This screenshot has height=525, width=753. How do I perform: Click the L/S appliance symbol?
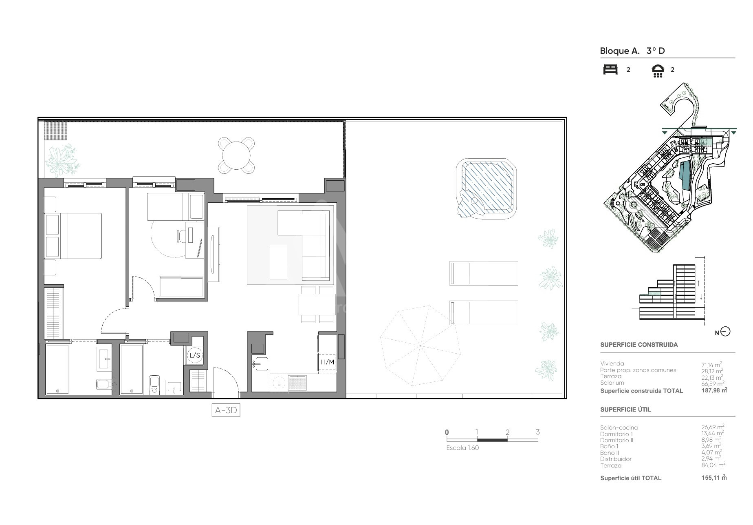pos(195,356)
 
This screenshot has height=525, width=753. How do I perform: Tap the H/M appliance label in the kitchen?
pos(327,362)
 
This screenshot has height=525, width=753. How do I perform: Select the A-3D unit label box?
pos(226,410)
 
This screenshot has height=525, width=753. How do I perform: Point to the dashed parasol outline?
pos(420,346)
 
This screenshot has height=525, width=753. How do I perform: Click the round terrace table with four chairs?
pos(236,155)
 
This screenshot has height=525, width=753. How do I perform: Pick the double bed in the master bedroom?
pos(73,236)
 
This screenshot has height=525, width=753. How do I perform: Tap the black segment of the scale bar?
pos(492,440)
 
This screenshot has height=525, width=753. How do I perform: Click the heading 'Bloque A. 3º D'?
pos(632,51)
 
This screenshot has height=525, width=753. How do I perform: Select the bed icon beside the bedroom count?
pos(610,69)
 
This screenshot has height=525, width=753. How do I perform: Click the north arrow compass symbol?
pos(725,332)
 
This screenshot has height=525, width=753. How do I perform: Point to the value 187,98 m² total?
pos(714,390)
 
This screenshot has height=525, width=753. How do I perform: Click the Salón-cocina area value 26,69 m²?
pos(713,427)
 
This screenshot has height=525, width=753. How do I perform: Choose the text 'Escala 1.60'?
pos(462,448)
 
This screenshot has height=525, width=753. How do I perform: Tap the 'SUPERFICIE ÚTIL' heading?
pos(625,410)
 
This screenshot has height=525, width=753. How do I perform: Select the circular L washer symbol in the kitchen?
pos(279,383)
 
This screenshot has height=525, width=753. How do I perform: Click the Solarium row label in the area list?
pos(612,383)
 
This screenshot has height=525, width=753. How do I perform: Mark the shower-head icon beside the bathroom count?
pos(658,71)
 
